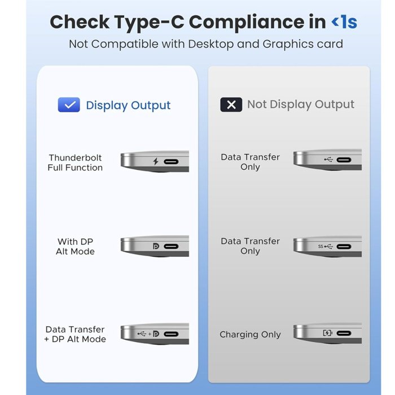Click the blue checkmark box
[69, 104]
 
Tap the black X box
[231, 104]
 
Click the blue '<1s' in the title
[344, 22]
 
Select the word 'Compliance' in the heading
[257, 23]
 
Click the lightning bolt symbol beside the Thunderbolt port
[156, 161]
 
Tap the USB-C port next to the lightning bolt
[171, 161]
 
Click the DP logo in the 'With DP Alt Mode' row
[156, 246]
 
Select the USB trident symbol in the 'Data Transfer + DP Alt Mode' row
[142, 334]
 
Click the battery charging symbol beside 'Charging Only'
[327, 333]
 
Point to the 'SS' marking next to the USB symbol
[321, 247]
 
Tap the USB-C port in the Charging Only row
[344, 333]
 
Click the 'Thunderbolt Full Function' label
[75, 163]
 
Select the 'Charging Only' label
[250, 335]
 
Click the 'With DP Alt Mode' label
[75, 247]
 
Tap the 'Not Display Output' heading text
[301, 104]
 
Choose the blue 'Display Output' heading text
[128, 106]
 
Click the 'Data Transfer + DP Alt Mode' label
[75, 334]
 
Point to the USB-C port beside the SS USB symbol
[344, 247]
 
